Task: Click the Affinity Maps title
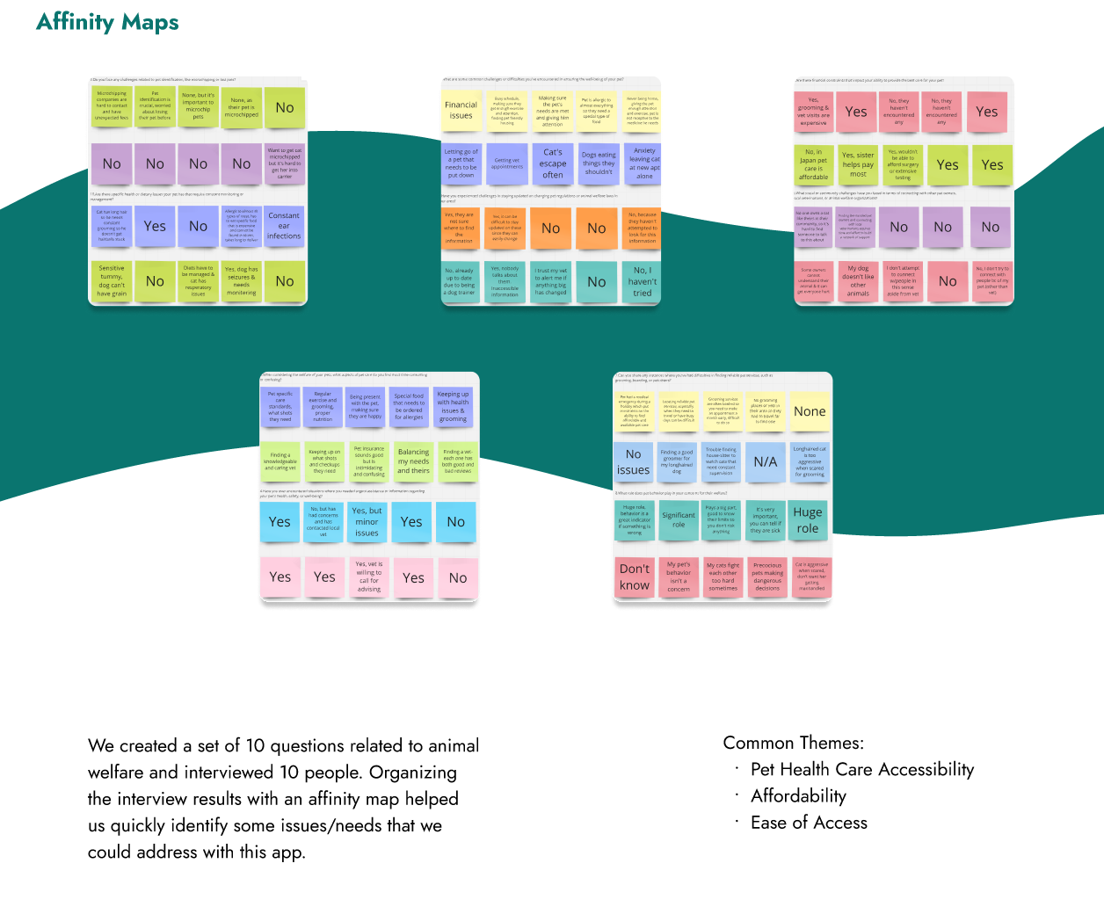click(x=107, y=22)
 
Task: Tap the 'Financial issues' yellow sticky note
click(x=461, y=111)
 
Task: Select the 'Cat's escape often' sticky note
click(x=553, y=163)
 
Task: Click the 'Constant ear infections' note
click(x=284, y=226)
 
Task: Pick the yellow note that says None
click(x=810, y=411)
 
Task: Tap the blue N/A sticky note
click(x=766, y=462)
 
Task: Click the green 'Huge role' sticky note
click(x=808, y=520)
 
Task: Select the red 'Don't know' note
click(x=635, y=577)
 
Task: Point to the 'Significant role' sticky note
click(x=679, y=520)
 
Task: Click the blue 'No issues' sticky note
click(x=633, y=462)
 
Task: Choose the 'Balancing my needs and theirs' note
click(x=413, y=461)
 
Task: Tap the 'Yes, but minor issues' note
click(x=367, y=522)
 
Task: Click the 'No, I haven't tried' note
click(x=643, y=282)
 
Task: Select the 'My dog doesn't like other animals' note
click(x=858, y=281)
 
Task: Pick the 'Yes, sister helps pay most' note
click(x=858, y=164)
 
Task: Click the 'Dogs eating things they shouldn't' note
click(x=599, y=163)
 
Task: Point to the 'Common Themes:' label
click(x=794, y=743)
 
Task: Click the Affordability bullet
click(x=798, y=796)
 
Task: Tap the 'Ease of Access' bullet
click(x=809, y=823)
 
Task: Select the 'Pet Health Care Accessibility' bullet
click(x=861, y=770)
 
